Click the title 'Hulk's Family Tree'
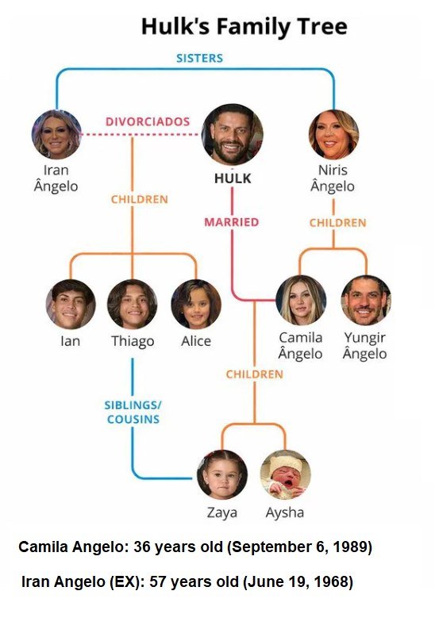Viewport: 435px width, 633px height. [x=244, y=27]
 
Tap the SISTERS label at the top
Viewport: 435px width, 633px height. [x=199, y=58]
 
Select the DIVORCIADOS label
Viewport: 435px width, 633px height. [x=148, y=121]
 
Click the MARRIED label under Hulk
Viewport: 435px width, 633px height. [x=232, y=222]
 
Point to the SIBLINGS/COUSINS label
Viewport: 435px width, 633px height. [x=133, y=412]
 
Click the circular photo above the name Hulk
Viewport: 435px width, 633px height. [x=233, y=135]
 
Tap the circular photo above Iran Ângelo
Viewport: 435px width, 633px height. [x=56, y=134]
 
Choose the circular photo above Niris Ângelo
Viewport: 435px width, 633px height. [x=333, y=134]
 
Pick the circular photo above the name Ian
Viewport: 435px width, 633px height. [x=71, y=304]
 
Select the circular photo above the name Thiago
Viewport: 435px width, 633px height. [x=132, y=304]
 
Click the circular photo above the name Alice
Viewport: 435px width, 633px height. [x=196, y=304]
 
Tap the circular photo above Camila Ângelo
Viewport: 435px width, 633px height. [x=301, y=301]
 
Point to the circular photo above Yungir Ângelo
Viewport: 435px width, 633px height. [x=366, y=301]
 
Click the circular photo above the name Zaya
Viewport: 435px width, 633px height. [x=221, y=474]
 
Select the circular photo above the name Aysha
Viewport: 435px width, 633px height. [x=285, y=474]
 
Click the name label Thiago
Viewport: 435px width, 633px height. [x=133, y=342]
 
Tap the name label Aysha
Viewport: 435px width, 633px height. [x=285, y=512]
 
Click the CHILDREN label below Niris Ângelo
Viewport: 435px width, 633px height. [x=337, y=223]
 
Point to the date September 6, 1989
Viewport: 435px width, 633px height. [x=299, y=547]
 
